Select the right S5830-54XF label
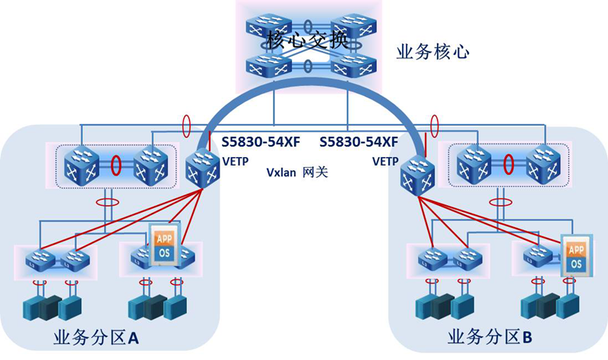pyautogui.click(x=359, y=142)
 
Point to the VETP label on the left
pyautogui.click(x=233, y=161)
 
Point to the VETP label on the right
pyautogui.click(x=385, y=161)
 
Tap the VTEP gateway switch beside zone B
pyautogui.click(x=417, y=174)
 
